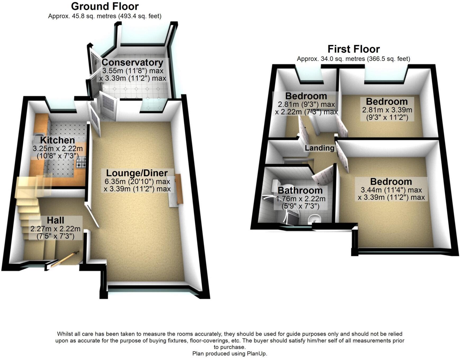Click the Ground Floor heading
(x=105, y=6)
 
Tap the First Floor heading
(x=354, y=49)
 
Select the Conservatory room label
(x=132, y=62)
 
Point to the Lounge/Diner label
(x=137, y=173)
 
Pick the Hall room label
(x=56, y=220)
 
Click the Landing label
(x=319, y=148)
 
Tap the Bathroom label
(x=300, y=190)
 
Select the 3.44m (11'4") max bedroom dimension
(x=391, y=190)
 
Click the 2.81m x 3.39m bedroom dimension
(x=387, y=110)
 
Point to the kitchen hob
(x=81, y=162)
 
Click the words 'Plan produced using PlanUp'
(x=230, y=354)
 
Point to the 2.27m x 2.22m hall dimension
(x=55, y=229)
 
